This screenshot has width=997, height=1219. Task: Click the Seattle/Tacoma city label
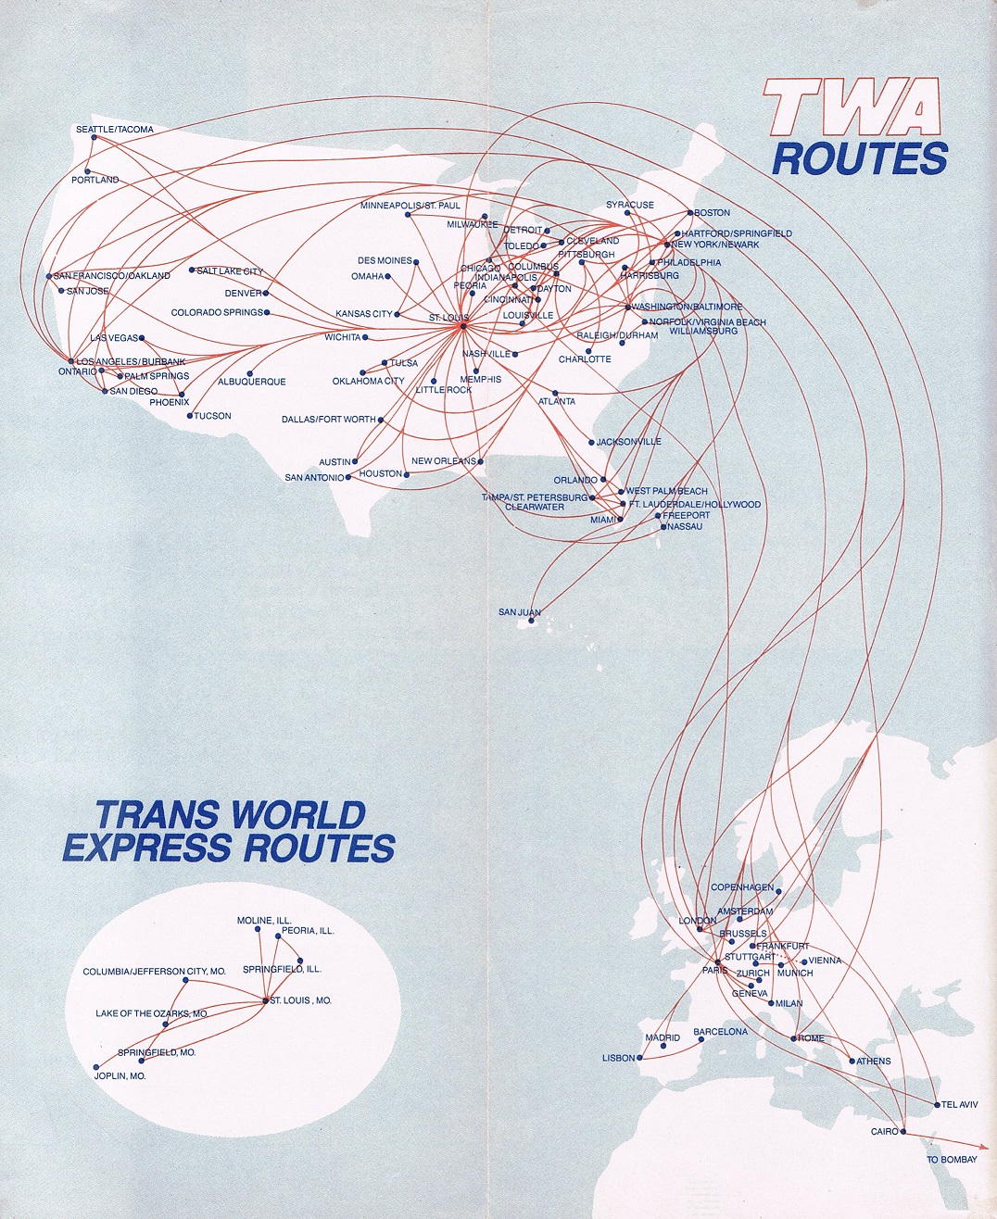[x=115, y=130]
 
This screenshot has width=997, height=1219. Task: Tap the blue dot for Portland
[x=87, y=170]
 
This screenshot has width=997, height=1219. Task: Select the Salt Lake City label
[x=230, y=271]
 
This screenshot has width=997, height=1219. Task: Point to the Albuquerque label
[x=251, y=382]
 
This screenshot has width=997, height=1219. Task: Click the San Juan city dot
[x=532, y=622]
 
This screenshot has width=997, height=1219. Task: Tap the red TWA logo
[x=852, y=107]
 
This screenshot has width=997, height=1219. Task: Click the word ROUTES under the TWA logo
[x=860, y=159]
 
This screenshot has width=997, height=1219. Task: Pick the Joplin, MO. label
[x=120, y=1076]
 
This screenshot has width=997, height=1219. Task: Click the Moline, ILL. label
[x=264, y=921]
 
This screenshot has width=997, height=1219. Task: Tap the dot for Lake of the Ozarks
[x=165, y=1024]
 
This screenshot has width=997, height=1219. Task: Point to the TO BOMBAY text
[x=952, y=1160]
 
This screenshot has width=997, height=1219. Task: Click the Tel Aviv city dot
[x=937, y=1104]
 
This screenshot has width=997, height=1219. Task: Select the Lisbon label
[x=618, y=1058]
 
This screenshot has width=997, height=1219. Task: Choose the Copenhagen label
[x=741, y=887]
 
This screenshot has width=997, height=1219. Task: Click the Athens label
[x=874, y=1062]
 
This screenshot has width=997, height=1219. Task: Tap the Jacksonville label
[x=628, y=442]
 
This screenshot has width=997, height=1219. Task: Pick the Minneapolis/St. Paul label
[x=410, y=206]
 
